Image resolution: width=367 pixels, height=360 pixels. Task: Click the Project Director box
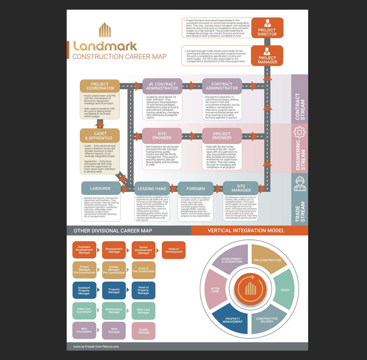pos(267,28)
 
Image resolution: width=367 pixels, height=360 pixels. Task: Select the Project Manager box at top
pos(267,55)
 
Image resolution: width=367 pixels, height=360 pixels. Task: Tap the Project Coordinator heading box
pos(100,86)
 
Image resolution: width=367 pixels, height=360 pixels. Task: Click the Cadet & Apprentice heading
pos(100,135)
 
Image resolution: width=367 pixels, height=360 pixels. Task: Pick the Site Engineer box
pos(162,135)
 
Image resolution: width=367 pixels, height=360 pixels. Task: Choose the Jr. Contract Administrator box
pos(162,86)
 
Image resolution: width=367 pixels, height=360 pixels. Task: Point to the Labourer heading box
pos(100,188)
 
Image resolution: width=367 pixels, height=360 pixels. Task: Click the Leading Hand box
pos(152,189)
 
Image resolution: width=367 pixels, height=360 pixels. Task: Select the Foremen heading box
pos(196,189)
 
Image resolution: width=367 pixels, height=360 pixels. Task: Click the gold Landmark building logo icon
pos(105,30)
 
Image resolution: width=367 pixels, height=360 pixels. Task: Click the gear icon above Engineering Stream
pos(299,132)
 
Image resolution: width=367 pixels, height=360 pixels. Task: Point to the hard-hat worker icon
pos(299,183)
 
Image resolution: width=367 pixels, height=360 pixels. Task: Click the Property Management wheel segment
pos(232,319)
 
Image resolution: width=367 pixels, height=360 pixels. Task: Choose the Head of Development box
pos(174,250)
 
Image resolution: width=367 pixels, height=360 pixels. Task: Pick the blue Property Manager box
pos(114,291)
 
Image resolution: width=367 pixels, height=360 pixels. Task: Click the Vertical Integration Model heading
pos(246,230)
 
